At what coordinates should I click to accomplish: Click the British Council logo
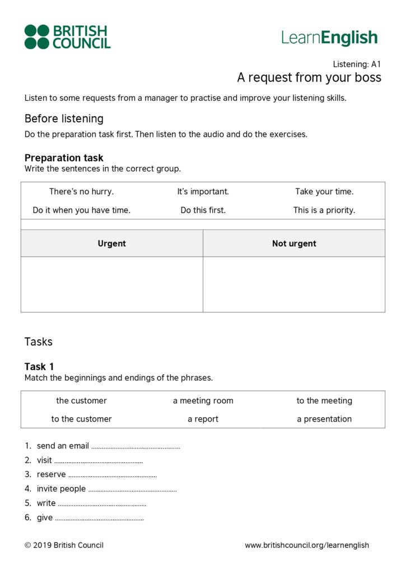[x=67, y=36]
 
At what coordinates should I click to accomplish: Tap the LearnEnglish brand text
[x=329, y=38]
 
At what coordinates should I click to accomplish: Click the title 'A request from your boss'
[x=309, y=77]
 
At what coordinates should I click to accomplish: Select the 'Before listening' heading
[x=64, y=119]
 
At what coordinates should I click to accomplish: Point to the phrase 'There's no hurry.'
[x=81, y=192]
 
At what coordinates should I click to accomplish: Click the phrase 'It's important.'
[x=203, y=192]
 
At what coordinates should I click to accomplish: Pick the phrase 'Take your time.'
[x=324, y=192]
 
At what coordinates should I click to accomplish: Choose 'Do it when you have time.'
[x=81, y=210]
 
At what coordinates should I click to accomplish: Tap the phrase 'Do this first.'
[x=203, y=210]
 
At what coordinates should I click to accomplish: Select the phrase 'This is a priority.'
[x=324, y=210]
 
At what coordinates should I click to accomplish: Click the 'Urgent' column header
[x=112, y=243]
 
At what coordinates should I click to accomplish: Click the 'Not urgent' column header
[x=294, y=243]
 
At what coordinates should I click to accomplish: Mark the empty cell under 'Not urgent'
[x=294, y=284]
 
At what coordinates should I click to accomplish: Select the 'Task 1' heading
[x=39, y=367]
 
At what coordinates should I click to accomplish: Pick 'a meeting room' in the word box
[x=203, y=401]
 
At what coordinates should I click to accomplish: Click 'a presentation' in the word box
[x=324, y=419]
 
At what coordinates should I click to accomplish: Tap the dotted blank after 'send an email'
[x=136, y=447]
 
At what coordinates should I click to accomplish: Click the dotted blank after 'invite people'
[x=132, y=489]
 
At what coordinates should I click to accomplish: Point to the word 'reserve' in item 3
[x=51, y=475]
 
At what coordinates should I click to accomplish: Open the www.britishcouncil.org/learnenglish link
[x=307, y=545]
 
